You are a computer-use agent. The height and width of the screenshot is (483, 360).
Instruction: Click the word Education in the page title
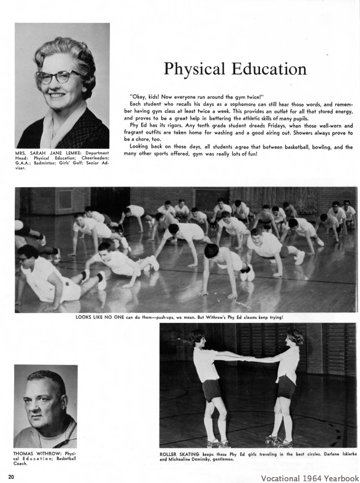[265, 69]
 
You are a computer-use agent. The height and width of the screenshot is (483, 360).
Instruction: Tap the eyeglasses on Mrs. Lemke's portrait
[60, 77]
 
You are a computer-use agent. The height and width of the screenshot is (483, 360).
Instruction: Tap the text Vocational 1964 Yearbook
[309, 478]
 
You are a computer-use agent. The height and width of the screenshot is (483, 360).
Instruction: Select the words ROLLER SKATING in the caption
[178, 454]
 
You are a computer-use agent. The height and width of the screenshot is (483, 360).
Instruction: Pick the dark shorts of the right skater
[286, 387]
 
